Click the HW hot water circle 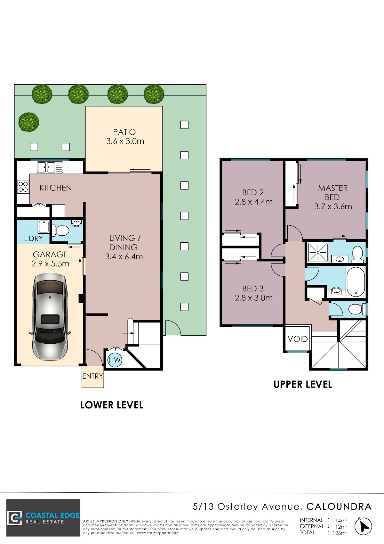tap(115, 360)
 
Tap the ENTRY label tap(92, 376)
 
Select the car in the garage tap(50, 317)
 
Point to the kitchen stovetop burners tap(23, 187)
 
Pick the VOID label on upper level tap(298, 339)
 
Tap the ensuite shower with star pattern tap(318, 252)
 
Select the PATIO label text tap(124, 132)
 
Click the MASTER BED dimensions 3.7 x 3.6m tap(333, 206)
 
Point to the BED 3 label tap(253, 289)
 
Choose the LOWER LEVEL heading tap(112, 405)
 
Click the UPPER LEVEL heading tap(303, 384)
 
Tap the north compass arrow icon tap(363, 526)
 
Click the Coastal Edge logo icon tap(15, 518)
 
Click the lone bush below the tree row tap(28, 122)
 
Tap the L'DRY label tap(34, 238)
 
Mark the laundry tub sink tap(44, 227)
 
